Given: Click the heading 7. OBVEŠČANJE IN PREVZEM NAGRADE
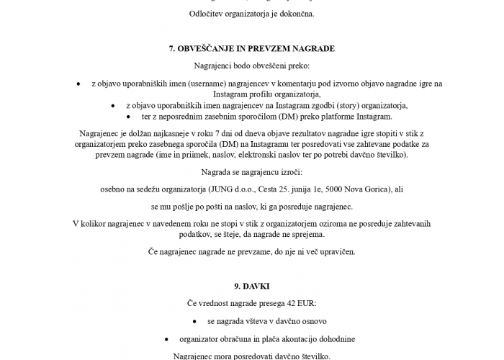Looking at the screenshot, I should tap(252, 48).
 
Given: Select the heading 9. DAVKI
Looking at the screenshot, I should tap(252, 286).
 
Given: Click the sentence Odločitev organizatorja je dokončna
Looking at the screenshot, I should tap(252, 13).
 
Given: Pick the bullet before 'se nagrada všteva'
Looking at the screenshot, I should tap(195, 321).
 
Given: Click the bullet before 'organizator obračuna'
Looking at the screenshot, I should tap(166, 339).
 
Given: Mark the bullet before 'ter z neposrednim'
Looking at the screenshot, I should tap(129, 116).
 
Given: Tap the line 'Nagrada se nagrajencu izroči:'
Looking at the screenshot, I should tap(252, 173).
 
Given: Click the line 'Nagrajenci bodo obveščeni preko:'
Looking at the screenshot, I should tap(252, 66).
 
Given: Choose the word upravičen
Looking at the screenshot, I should tap(336, 252).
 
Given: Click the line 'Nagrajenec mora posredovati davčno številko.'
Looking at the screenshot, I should tap(252, 356).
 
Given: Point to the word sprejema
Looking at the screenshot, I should tap(307, 234).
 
